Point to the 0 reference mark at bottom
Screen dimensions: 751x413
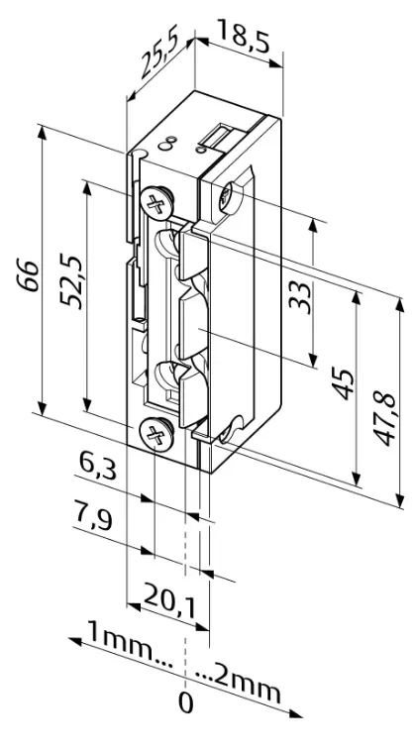point(185,705)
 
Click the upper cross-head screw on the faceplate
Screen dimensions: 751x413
point(154,205)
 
